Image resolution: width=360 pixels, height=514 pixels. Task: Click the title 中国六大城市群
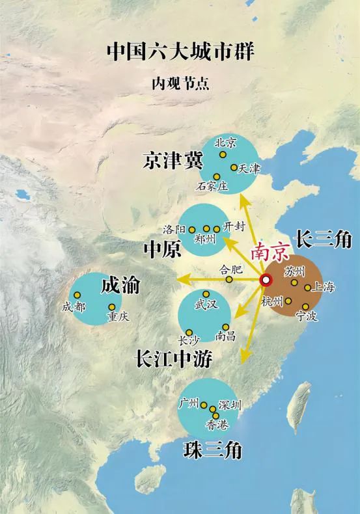(x=180, y=51)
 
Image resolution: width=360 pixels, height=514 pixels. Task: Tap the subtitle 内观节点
(x=180, y=83)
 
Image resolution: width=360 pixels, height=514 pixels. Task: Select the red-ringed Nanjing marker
(x=266, y=280)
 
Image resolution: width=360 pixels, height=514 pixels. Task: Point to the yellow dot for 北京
(x=223, y=155)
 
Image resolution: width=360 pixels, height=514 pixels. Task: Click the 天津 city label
(x=249, y=169)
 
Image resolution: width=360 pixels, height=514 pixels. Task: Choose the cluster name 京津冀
(x=173, y=161)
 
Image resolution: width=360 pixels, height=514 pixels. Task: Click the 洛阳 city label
(x=174, y=230)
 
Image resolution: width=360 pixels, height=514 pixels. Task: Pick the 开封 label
(x=235, y=226)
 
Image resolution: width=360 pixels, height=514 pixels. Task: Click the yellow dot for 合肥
(x=229, y=279)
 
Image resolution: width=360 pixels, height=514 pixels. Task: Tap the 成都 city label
(x=74, y=307)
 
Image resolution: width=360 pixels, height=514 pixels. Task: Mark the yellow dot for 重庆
(x=112, y=307)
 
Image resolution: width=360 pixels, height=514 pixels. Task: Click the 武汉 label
(x=206, y=304)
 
